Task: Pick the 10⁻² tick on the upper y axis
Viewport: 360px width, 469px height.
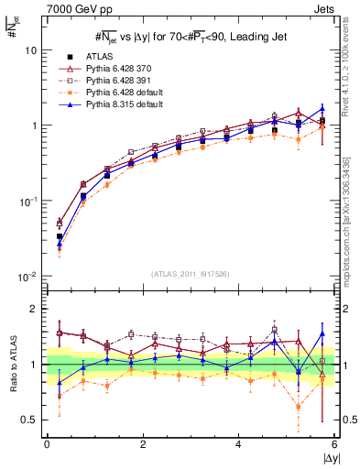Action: (28, 276)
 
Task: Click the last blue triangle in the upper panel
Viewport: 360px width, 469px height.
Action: (322, 108)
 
